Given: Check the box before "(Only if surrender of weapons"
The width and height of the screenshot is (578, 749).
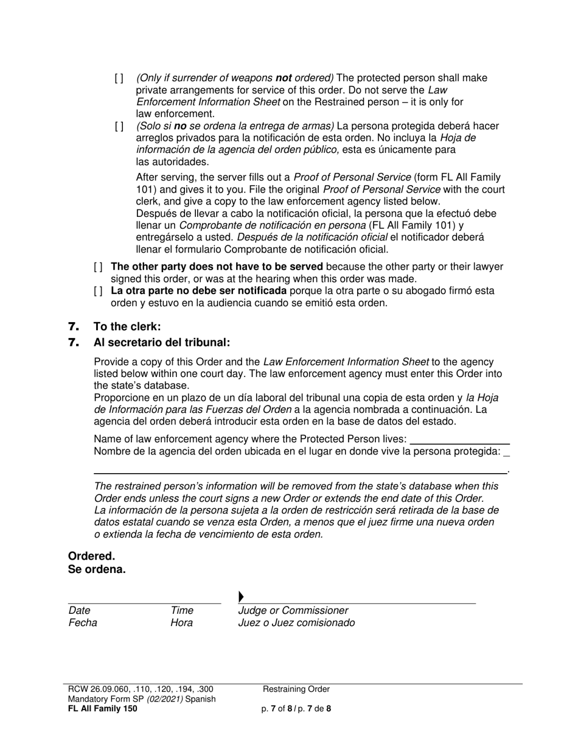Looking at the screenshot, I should click(119, 79).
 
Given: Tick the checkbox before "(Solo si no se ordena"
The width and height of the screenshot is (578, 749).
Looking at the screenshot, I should click(119, 127).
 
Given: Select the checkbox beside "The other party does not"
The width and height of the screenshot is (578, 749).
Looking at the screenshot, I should click(99, 267).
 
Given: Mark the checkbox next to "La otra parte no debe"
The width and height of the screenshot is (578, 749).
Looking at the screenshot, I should click(99, 291).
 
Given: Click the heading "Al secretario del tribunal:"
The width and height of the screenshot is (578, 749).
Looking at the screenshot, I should click(162, 343).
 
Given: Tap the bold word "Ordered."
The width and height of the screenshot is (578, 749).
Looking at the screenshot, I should click(91, 556).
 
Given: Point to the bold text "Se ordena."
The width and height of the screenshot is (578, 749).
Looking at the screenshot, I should click(97, 570).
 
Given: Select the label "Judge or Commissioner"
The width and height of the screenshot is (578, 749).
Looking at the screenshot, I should click(293, 611).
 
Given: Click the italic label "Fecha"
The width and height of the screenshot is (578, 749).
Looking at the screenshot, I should click(83, 623).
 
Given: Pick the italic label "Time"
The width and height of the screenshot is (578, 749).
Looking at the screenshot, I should click(182, 611).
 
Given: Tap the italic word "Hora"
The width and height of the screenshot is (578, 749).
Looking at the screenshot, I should click(182, 623).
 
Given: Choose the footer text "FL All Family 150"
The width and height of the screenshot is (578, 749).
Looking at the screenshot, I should click(103, 709).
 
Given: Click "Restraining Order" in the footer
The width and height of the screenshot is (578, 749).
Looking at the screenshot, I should click(296, 689).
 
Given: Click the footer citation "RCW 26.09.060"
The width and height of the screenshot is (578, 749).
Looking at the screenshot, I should click(99, 689).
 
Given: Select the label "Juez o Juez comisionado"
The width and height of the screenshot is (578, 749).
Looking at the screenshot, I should click(296, 623).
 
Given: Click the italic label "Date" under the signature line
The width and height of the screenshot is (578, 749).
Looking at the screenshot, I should click(80, 611).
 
